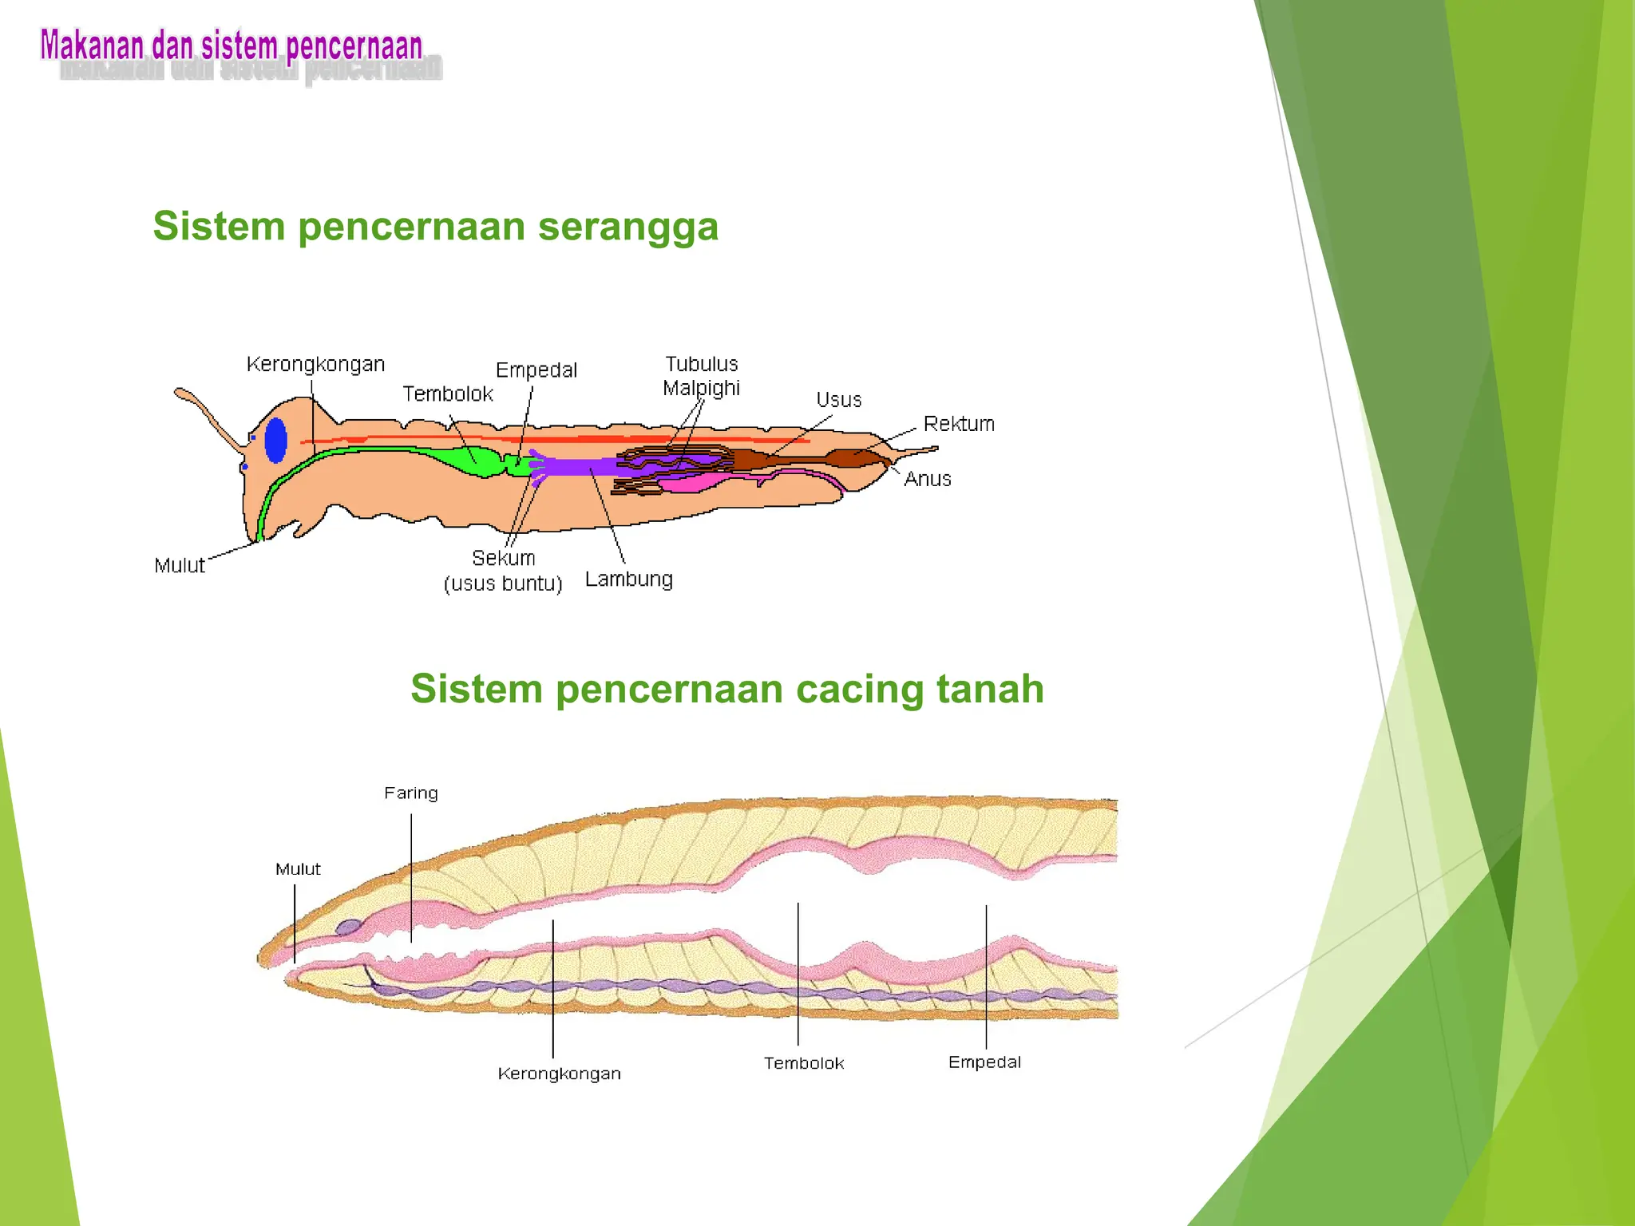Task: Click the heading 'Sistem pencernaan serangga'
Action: [x=435, y=227]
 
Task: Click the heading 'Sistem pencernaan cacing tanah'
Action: [x=726, y=689]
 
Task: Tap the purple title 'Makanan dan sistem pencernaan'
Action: [x=232, y=46]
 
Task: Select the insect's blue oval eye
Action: [x=275, y=440]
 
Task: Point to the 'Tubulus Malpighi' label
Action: [x=702, y=376]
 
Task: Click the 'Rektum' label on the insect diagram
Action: [x=959, y=424]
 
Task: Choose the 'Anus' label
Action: [x=928, y=479]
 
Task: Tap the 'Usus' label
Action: [x=838, y=400]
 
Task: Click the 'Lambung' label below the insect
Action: [x=628, y=579]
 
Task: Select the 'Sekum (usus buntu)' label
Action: [x=503, y=570]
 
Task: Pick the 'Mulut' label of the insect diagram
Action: [x=180, y=565]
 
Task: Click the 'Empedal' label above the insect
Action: [x=536, y=370]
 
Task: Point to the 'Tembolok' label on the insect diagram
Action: [x=447, y=394]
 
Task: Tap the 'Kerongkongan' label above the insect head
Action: [x=315, y=365]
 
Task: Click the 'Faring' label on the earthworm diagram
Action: [x=410, y=793]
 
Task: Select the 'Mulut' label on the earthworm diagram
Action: [x=298, y=869]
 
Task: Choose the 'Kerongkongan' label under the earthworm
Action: [x=559, y=1074]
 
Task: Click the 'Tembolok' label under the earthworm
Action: [x=803, y=1063]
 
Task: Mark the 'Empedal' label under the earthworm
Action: [x=984, y=1062]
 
